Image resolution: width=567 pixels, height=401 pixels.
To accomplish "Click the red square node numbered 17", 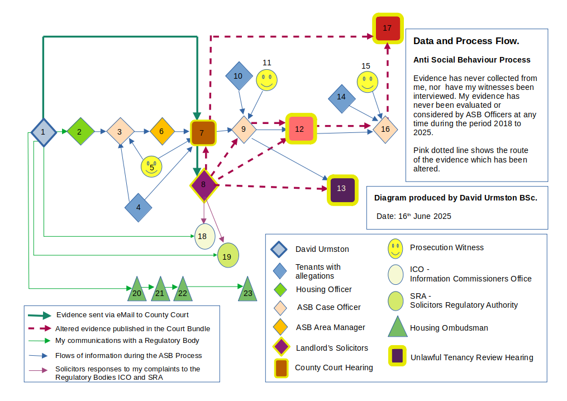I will click(387, 27).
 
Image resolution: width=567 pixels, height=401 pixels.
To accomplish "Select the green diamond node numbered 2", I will click(79, 132).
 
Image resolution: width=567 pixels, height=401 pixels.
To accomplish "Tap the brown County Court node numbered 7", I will click(202, 132).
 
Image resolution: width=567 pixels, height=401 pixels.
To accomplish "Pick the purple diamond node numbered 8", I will click(203, 185).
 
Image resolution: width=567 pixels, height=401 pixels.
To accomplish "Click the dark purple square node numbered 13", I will click(341, 189).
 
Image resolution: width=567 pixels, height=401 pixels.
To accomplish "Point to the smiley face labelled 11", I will click(266, 80).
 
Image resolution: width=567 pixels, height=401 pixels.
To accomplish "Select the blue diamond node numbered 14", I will click(341, 97).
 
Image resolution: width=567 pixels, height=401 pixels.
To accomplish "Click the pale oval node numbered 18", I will click(204, 236).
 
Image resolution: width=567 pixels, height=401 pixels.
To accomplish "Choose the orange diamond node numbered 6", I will click(162, 132).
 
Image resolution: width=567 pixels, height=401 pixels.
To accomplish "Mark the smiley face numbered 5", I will click(151, 166).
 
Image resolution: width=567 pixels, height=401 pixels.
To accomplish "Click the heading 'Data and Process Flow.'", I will click(466, 41).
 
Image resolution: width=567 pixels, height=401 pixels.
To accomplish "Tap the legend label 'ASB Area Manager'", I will click(331, 327).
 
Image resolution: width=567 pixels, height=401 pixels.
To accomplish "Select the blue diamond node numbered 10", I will click(239, 76).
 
